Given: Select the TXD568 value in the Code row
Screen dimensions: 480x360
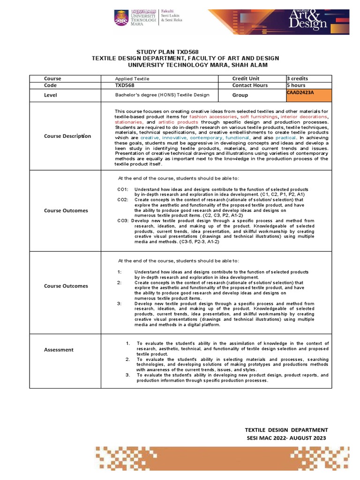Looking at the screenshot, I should coord(123,85).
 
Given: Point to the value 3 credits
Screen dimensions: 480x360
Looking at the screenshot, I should coord(298,78).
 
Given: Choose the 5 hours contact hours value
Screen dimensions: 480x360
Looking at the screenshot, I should coord(296,85).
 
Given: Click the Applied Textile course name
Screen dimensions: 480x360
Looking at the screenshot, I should coord(132,79).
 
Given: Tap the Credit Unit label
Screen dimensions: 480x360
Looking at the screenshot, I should coord(246,78).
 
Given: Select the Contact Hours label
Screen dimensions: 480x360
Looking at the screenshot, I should coord(250,85).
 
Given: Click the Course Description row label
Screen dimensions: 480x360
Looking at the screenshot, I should coord(67,136).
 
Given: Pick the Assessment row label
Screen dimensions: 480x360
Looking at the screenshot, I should coord(59,350).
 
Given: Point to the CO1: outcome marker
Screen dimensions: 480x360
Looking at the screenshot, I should coord(123,189).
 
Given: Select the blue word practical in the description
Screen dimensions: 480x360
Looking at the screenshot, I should coord(285,138).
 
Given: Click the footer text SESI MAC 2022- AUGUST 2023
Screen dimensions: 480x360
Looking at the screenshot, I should coord(287,438).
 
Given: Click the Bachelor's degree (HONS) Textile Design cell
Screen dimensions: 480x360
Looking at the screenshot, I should coord(162,95).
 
